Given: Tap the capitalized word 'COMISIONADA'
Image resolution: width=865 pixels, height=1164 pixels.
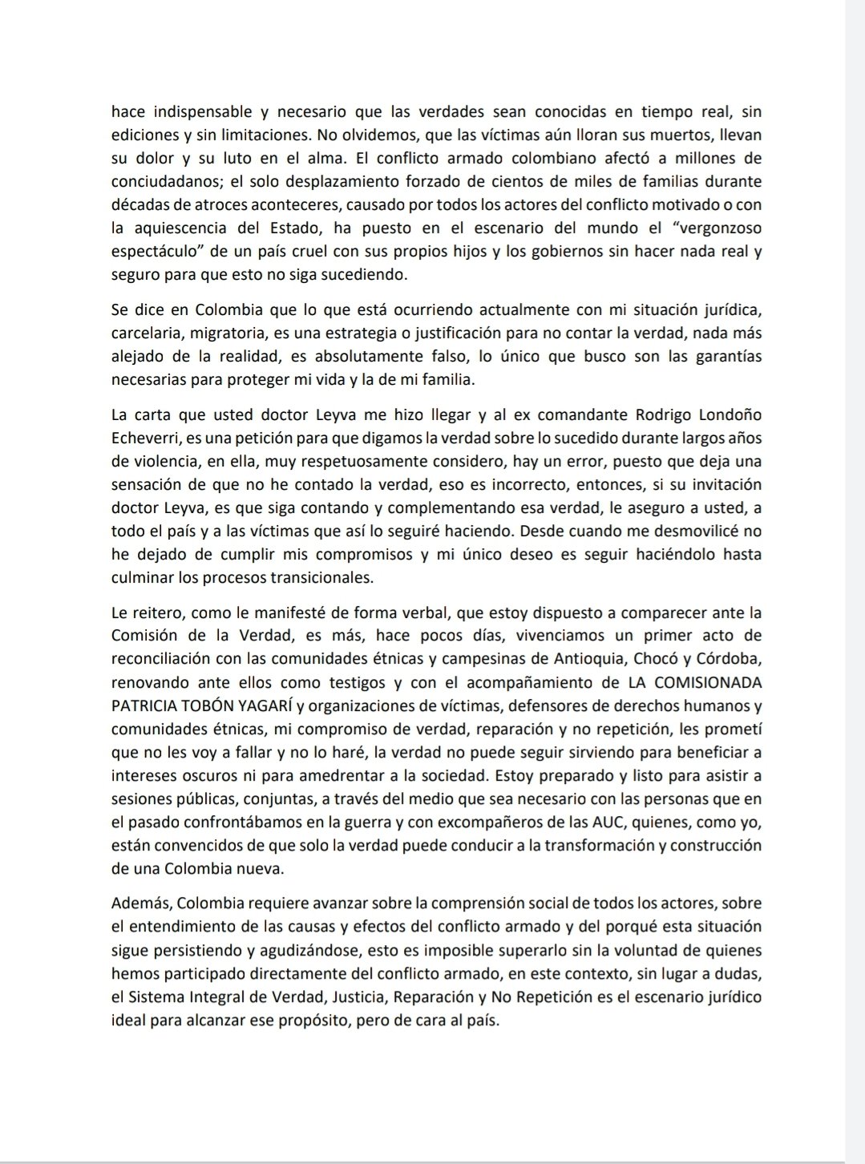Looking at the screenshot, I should [x=708, y=683].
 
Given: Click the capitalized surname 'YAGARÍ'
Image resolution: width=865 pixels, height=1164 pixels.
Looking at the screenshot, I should [x=259, y=706].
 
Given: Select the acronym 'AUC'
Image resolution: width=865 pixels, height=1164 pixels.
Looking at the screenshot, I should [x=615, y=822].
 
